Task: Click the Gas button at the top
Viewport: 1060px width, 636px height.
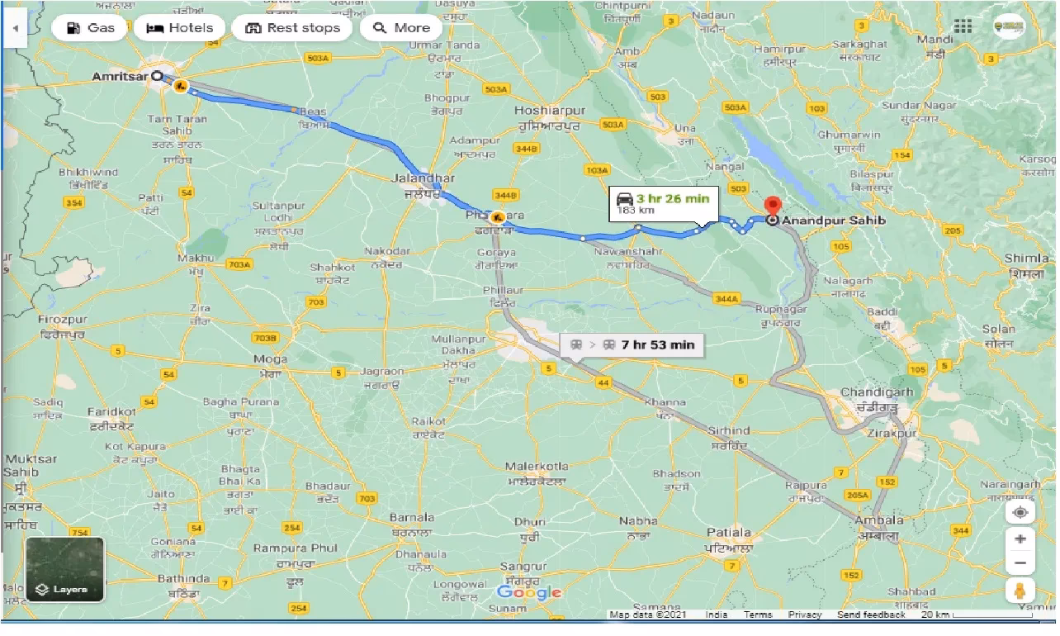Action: pos(89,28)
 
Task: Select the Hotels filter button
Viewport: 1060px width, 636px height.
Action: pos(180,28)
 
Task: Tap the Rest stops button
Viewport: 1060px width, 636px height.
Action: pos(292,28)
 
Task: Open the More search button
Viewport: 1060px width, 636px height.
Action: pos(401,28)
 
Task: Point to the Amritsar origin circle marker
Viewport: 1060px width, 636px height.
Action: pos(157,75)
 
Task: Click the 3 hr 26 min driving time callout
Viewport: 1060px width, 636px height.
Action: pos(664,203)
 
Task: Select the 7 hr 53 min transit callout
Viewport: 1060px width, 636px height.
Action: pos(632,344)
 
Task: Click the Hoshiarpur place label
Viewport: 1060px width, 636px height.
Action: pos(549,110)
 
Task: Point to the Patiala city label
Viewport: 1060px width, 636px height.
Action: pos(729,533)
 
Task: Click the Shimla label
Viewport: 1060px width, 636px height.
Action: pos(1026,259)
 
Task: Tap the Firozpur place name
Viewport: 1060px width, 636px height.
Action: pos(62,319)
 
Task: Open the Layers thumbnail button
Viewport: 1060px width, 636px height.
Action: pos(64,569)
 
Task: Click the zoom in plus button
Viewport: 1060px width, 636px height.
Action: pos(1020,539)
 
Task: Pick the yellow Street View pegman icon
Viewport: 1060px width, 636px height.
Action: pos(1020,591)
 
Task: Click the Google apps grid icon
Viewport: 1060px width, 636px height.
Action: pos(963,26)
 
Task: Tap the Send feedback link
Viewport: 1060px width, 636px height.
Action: pos(871,615)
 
